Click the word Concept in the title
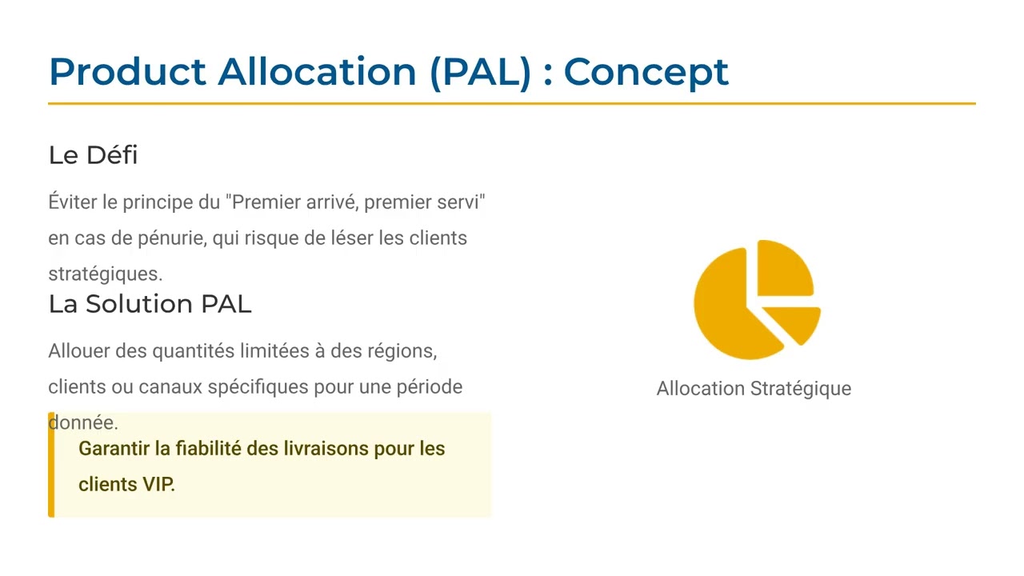(646, 72)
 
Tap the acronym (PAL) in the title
(480, 72)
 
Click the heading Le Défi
(93, 154)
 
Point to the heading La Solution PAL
(150, 304)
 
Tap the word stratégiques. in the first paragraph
(105, 274)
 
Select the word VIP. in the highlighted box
(158, 484)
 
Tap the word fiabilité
(209, 449)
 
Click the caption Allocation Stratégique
(754, 389)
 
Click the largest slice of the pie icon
(728, 308)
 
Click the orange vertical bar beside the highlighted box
(51, 465)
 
